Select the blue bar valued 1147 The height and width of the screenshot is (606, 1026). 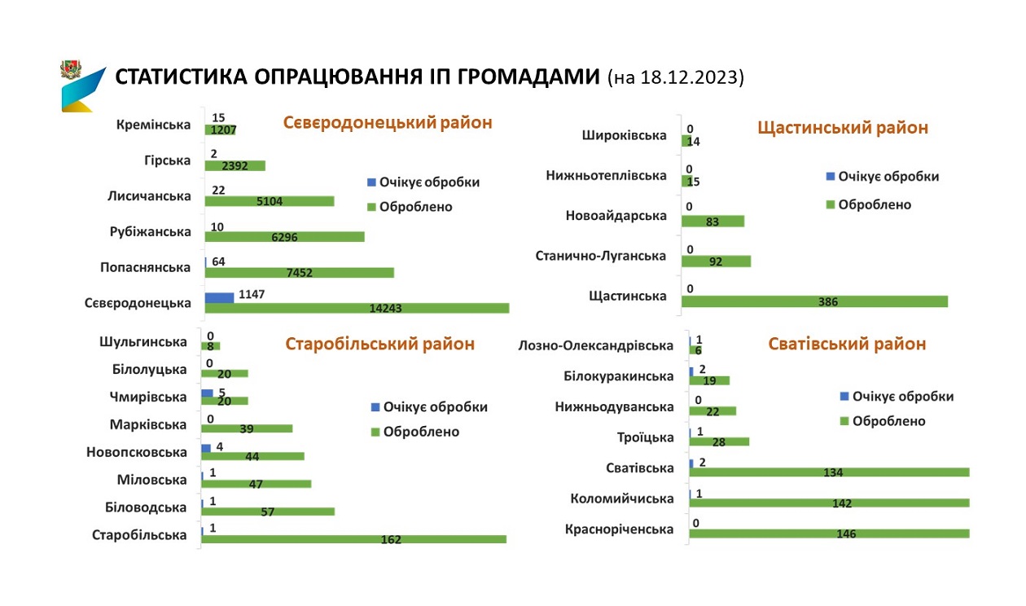(x=219, y=297)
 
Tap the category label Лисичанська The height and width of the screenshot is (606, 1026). (x=149, y=196)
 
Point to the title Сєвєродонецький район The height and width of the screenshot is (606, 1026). (x=388, y=123)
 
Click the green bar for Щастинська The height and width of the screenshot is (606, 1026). (x=814, y=301)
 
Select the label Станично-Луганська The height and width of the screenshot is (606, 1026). (x=601, y=256)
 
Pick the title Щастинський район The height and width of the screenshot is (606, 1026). (x=843, y=128)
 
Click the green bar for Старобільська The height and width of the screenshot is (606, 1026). (x=353, y=539)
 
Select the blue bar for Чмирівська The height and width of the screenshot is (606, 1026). (x=207, y=393)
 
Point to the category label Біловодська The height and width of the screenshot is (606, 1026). (x=147, y=507)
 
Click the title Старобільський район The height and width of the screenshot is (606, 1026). (x=379, y=344)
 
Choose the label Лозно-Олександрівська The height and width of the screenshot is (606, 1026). (x=596, y=345)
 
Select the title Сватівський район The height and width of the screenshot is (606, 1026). (x=847, y=344)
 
